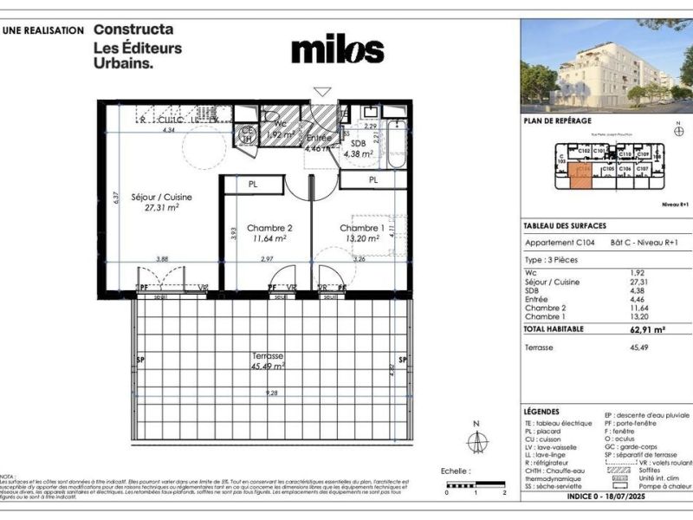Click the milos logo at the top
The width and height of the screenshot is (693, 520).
[x=337, y=49]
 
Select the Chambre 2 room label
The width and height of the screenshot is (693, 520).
[x=269, y=229]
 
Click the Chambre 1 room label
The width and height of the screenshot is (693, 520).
[x=362, y=228]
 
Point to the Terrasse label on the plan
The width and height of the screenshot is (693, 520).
[x=268, y=356]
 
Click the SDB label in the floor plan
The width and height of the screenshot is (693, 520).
[x=358, y=144]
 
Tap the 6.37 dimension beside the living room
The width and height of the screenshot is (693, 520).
[x=113, y=197]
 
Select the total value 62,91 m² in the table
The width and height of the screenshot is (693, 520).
[x=646, y=329]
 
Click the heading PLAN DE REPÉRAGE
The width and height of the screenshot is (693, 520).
[x=556, y=122]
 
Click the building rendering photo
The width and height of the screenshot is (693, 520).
[x=606, y=65]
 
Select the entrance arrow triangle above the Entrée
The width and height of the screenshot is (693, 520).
[x=322, y=90]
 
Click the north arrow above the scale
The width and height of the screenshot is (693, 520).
[x=474, y=439]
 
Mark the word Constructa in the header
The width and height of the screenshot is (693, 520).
[x=133, y=29]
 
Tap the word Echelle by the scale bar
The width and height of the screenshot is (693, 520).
[x=454, y=471]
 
